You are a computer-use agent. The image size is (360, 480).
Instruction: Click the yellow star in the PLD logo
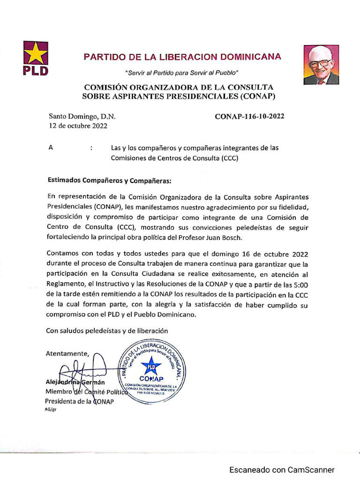[x=36, y=54]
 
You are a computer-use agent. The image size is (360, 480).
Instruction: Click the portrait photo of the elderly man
[x=321, y=65]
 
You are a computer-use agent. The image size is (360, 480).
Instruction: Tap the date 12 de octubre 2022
[x=78, y=126]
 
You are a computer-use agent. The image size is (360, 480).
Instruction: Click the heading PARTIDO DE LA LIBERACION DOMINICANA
[x=182, y=57]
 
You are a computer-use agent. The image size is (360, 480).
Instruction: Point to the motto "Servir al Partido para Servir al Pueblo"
[x=182, y=73]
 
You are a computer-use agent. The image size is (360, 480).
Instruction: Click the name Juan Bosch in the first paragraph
[x=225, y=238]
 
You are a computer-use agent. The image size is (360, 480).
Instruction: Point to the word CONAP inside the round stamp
[x=151, y=379]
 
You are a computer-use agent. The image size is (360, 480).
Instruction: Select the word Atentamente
[x=67, y=353]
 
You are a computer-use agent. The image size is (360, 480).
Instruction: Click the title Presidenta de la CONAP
[x=79, y=401]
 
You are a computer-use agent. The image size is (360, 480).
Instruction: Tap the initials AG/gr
[x=50, y=409]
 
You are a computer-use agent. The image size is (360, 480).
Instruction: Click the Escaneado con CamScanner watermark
[x=282, y=470]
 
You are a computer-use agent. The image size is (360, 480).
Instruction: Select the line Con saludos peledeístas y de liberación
[x=106, y=331]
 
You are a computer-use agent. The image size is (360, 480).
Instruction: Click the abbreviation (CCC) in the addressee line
[x=230, y=158]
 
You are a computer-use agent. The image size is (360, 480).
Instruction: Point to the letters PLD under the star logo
[x=36, y=71]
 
